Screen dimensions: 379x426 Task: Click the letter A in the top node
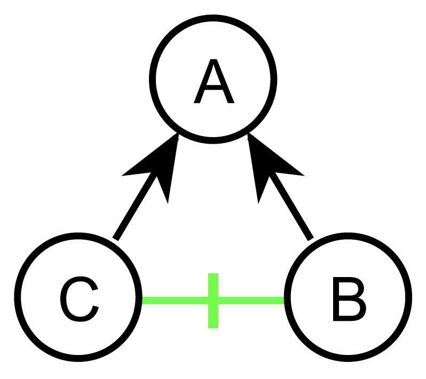click(214, 83)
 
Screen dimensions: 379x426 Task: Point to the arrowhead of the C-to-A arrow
click(155, 165)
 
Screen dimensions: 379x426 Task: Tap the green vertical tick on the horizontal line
click(213, 301)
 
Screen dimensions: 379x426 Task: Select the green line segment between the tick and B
click(251, 301)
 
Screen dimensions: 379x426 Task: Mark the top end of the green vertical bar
click(213, 275)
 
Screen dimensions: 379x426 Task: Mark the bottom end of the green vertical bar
click(213, 326)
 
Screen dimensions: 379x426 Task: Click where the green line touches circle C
click(143, 301)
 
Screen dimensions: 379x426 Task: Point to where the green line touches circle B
click(285, 301)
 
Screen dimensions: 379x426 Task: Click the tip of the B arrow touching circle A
click(249, 136)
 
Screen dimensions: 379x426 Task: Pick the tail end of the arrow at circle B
click(310, 238)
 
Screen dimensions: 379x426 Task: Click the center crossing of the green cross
click(213, 301)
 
